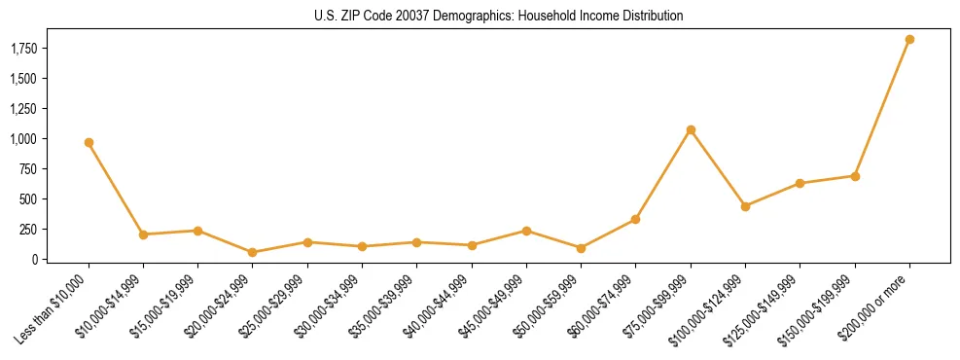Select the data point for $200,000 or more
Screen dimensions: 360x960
point(909,40)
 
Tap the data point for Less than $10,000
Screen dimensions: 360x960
point(89,143)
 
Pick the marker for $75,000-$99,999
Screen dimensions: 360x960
point(691,129)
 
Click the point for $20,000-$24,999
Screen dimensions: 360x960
point(253,252)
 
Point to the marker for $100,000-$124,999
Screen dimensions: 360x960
point(745,206)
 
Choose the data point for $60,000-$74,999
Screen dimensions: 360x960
point(636,220)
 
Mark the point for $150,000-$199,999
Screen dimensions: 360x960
point(855,176)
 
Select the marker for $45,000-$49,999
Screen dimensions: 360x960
point(526,231)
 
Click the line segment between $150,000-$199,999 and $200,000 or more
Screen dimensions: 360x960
point(882,108)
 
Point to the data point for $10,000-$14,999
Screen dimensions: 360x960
point(143,234)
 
